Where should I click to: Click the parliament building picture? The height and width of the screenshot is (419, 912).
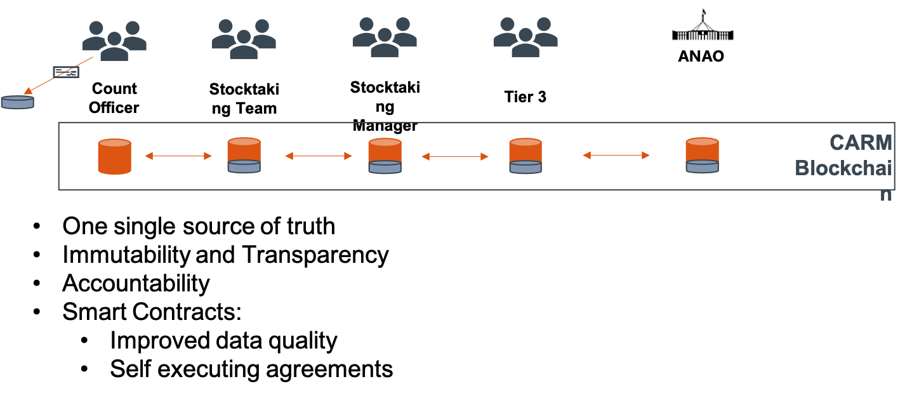(x=702, y=25)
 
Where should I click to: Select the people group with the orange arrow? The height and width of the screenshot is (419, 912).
(x=114, y=41)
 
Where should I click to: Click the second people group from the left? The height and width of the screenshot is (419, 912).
(x=244, y=39)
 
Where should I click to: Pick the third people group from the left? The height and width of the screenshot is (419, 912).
(x=385, y=38)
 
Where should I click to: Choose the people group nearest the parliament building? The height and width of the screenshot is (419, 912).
(x=525, y=38)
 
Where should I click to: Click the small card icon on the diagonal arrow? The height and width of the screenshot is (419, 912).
(x=66, y=72)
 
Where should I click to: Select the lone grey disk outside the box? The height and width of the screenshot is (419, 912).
(x=17, y=102)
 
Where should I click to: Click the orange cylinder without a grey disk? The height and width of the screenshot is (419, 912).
(x=115, y=156)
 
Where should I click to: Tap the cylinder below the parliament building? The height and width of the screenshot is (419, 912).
(x=702, y=155)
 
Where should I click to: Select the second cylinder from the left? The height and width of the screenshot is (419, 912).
(x=244, y=155)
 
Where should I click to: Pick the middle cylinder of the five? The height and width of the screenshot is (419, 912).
(x=385, y=156)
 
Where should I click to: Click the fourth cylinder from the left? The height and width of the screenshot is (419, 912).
(x=525, y=156)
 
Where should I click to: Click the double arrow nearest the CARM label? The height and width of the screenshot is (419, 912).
(x=616, y=155)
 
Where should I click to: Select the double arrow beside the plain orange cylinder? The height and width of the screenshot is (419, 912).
(x=178, y=156)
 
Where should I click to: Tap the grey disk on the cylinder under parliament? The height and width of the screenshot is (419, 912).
(x=702, y=166)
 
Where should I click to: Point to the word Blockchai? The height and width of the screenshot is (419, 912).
(x=843, y=168)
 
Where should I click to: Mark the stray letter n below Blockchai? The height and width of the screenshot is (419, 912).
(x=886, y=195)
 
